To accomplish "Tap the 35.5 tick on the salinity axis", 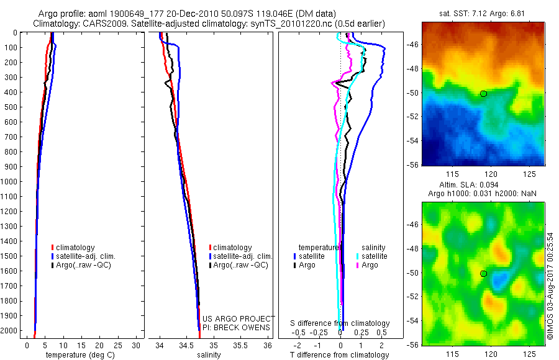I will pyautogui.click(x=240, y=345).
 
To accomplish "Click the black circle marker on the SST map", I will pyautogui.click(x=483, y=94).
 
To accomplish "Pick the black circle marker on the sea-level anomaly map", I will pyautogui.click(x=483, y=274).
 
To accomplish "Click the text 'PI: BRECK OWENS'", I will pyautogui.click(x=236, y=327).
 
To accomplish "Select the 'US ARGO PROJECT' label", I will pyautogui.click(x=239, y=318).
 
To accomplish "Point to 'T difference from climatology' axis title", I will pyautogui.click(x=340, y=355).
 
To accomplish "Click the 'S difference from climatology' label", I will pyautogui.click(x=340, y=323).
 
